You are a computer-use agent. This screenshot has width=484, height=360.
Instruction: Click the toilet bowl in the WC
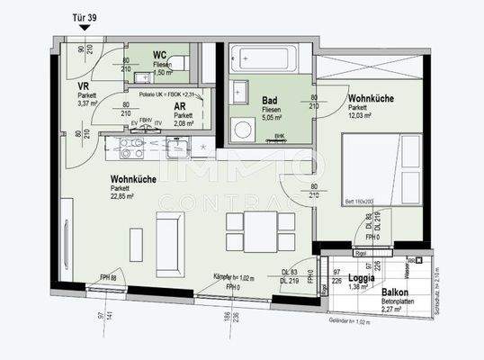176,63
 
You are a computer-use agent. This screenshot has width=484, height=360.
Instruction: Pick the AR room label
181,106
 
